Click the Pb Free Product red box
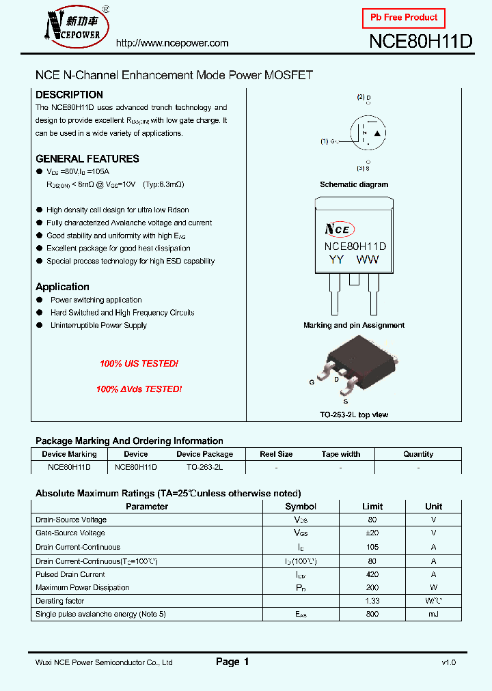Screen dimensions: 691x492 403,18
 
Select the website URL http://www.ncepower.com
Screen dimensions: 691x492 172,43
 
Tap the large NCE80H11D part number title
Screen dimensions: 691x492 420,42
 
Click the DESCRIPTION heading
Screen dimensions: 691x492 69,95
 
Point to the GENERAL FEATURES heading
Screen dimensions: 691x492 87,158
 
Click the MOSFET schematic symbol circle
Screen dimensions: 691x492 368,132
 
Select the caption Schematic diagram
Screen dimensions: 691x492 354,184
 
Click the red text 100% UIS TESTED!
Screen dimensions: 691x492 139,364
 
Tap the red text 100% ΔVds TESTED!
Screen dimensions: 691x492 139,389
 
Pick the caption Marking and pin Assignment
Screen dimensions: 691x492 354,326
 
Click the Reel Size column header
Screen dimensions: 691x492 276,454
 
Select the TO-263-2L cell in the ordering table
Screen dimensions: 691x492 204,468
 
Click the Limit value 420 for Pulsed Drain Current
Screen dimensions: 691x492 372,574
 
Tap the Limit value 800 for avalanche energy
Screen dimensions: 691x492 372,615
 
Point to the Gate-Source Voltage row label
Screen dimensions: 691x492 70,533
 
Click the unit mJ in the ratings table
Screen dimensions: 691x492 433,615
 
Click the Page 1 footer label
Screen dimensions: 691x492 232,662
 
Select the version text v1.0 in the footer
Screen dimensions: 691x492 448,662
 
